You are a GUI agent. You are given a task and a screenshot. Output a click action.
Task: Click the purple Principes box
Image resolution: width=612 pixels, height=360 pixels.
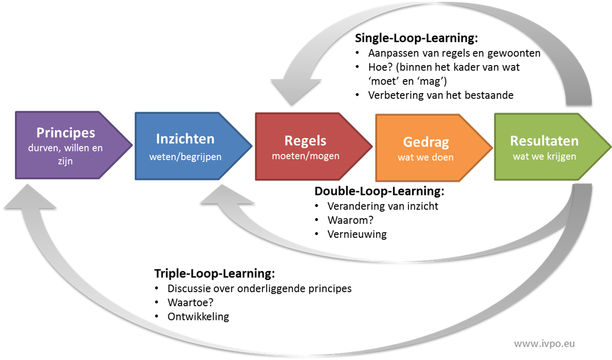(x=68, y=145)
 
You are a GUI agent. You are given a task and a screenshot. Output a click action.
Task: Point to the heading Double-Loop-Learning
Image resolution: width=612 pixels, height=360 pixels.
(x=379, y=191)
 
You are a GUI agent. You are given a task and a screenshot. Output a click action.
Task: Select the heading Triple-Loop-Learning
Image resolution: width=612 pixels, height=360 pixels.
(x=214, y=273)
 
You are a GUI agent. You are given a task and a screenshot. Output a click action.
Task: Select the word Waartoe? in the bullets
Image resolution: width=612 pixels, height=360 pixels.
(x=191, y=303)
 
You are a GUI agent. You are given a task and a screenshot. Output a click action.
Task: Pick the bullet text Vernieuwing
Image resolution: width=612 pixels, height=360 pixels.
(x=357, y=234)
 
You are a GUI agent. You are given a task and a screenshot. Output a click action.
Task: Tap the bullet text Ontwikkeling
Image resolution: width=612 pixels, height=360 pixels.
(x=198, y=317)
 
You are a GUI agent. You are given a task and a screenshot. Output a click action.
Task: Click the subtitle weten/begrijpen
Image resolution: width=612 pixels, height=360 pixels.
(x=185, y=157)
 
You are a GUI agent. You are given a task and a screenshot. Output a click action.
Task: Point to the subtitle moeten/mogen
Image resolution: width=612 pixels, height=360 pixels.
(x=306, y=156)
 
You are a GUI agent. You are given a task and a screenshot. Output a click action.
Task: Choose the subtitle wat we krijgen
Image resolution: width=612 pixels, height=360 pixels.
(x=545, y=156)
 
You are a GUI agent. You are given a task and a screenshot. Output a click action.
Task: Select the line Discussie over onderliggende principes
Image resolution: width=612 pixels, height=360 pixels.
(x=259, y=288)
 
